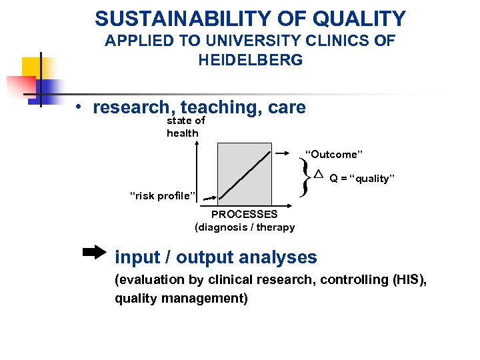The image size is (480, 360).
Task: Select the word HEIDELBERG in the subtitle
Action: pyautogui.click(x=250, y=60)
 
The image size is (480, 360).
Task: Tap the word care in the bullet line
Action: pyautogui.click(x=287, y=107)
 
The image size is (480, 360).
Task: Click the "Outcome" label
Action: pyautogui.click(x=333, y=155)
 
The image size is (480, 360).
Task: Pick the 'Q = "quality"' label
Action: pyautogui.click(x=362, y=179)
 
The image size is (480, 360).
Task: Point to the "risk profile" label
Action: pyautogui.click(x=162, y=196)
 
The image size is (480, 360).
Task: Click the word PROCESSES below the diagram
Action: pyautogui.click(x=244, y=214)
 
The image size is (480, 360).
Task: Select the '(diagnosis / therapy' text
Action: pyautogui.click(x=244, y=227)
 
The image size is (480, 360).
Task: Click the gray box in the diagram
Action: pyautogui.click(x=245, y=172)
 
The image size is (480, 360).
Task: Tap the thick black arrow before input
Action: pyautogui.click(x=94, y=253)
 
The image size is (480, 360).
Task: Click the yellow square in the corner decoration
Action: pyautogui.click(x=31, y=67)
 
